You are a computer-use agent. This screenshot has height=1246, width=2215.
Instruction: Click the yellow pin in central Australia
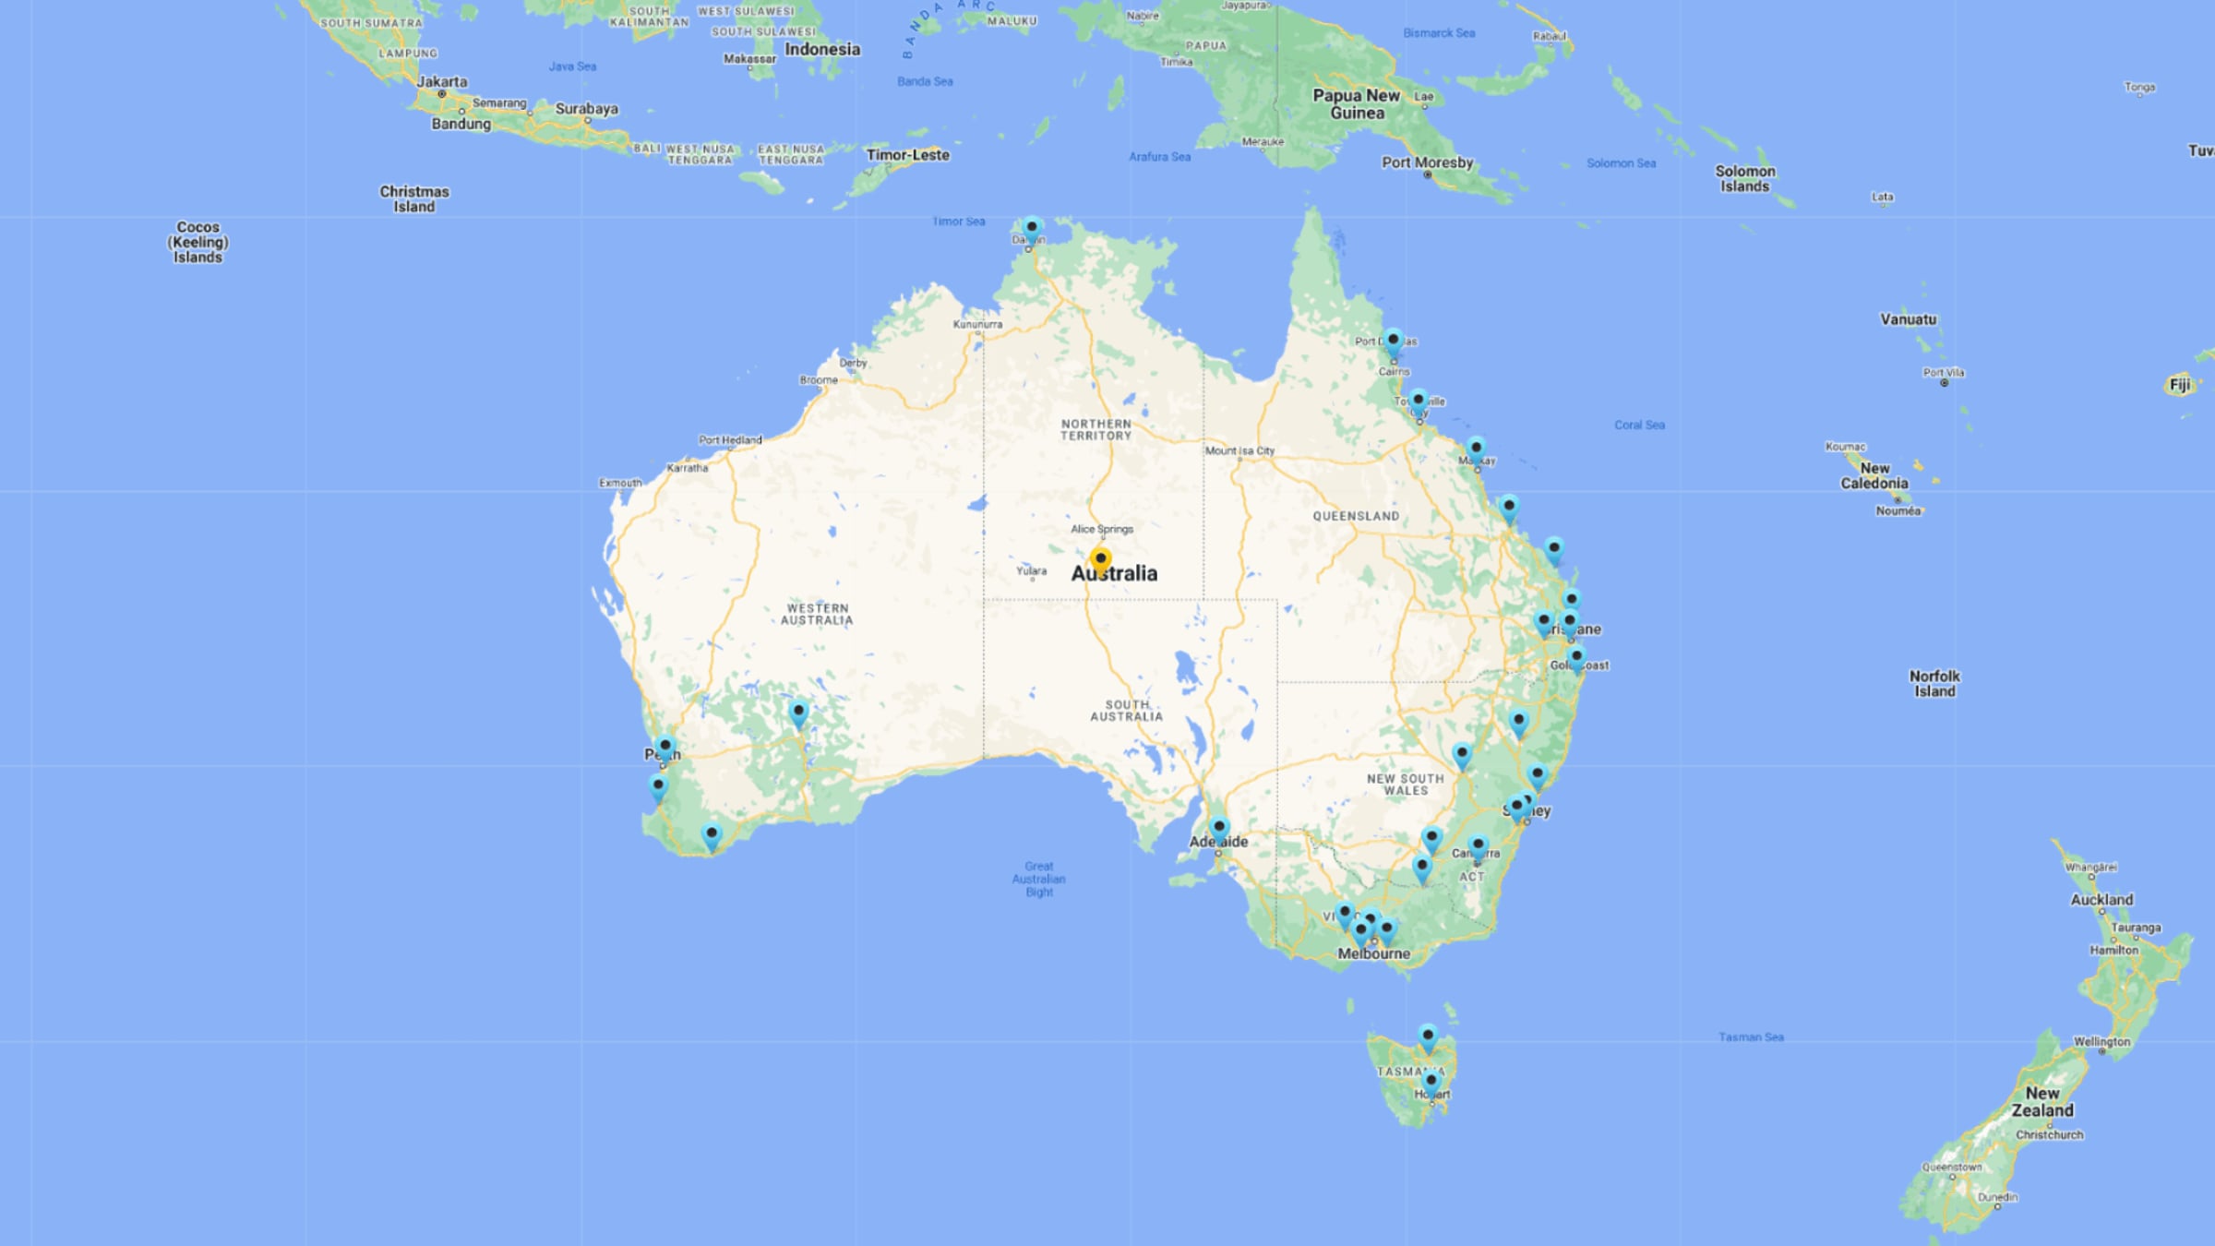pos(1100,559)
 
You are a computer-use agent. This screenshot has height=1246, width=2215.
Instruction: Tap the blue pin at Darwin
pos(1032,227)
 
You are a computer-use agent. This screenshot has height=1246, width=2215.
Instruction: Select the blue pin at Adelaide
pos(1219,827)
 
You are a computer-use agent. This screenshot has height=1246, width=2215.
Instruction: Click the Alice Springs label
pos(1102,529)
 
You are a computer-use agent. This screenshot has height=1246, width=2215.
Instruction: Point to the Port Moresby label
pos(1427,162)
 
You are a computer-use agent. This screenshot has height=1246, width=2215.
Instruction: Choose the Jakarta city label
pos(441,81)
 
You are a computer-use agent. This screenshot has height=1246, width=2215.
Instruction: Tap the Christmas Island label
pos(414,198)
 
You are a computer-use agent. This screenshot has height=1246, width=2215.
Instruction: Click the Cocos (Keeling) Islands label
pos(198,242)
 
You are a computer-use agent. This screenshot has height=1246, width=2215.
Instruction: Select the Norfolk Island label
pos(1934,683)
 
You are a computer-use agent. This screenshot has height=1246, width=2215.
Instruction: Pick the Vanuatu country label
pos(1908,319)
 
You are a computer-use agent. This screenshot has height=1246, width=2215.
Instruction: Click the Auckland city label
pos(2101,899)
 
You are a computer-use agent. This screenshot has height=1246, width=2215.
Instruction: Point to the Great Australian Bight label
pos(1038,879)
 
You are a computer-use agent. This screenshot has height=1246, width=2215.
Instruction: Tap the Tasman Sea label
pos(1751,1036)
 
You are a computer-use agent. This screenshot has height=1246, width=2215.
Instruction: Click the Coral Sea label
pos(1639,425)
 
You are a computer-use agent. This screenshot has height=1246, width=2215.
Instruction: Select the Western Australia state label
pos(817,614)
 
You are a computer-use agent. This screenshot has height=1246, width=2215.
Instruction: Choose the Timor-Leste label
pos(907,155)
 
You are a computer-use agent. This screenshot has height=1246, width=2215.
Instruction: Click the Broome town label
pos(819,379)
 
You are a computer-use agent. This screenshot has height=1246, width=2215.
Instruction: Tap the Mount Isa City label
pos(1239,450)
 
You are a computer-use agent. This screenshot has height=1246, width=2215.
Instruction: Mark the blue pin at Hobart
pos(1431,1082)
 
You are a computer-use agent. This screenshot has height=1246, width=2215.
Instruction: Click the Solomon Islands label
pos(1744,178)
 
